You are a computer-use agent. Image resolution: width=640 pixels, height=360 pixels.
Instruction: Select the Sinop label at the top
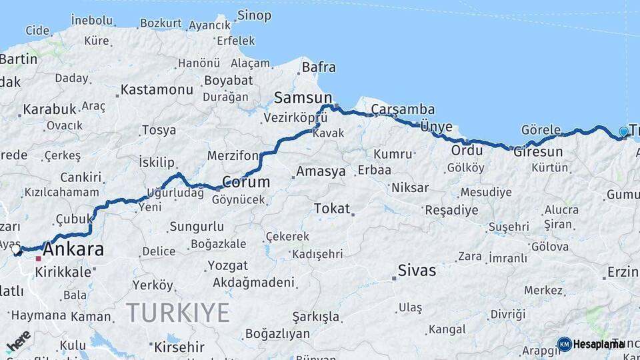coord(254,15)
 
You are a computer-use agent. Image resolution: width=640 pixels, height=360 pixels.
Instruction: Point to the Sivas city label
coord(417,270)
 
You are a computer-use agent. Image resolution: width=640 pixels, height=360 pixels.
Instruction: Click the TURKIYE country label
coord(178,312)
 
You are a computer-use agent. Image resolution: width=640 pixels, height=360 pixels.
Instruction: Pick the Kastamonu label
coord(157,89)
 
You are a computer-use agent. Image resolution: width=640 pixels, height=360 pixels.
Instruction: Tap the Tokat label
coord(331,209)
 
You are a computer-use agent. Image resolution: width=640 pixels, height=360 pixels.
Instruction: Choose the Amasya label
coord(321,171)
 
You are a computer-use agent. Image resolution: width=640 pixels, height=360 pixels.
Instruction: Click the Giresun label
coord(538,151)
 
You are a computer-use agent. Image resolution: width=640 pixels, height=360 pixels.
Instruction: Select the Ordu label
coord(467,150)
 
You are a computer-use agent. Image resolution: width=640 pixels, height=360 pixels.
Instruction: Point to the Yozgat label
coord(227,265)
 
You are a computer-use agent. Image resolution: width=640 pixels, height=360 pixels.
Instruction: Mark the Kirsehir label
coord(179,347)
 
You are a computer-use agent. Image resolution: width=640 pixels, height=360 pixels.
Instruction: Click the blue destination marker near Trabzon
coord(623,132)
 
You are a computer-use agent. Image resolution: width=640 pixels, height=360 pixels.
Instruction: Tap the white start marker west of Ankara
coord(15,249)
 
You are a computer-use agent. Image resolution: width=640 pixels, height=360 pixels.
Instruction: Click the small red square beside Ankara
coord(39,258)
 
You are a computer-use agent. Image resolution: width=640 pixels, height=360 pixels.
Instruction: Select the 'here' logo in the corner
coord(19,341)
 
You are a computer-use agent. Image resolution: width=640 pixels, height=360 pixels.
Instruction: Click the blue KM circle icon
coord(565,344)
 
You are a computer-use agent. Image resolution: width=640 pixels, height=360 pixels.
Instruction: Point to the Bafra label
coord(319,67)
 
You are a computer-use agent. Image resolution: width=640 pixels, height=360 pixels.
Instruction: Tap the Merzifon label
coord(233,155)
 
